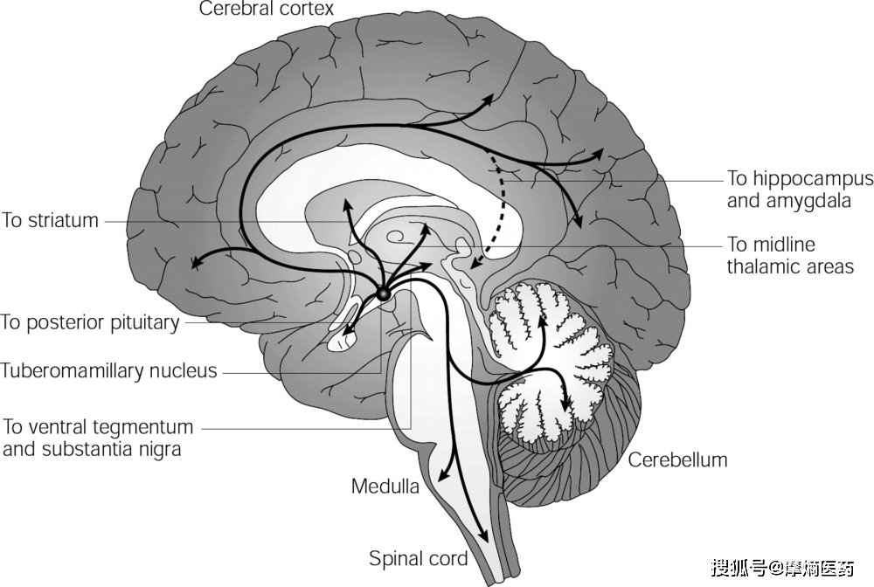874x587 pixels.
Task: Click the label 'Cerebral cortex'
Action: [x=267, y=10]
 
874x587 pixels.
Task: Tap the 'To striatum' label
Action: [x=50, y=220]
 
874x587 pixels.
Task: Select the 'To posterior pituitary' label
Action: [x=90, y=322]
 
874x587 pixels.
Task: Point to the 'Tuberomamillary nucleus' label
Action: [x=108, y=370]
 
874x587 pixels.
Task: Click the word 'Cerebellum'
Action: [x=677, y=459]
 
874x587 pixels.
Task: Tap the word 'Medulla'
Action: [x=385, y=486]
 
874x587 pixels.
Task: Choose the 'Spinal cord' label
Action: [x=419, y=558]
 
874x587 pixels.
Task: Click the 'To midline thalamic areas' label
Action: [x=790, y=255]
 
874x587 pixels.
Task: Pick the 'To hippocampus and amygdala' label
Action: [x=800, y=190]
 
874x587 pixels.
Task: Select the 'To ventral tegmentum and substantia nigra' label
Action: [x=97, y=439]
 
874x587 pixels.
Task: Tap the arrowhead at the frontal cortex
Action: [x=198, y=261]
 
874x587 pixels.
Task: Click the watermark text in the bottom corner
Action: [x=782, y=568]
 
